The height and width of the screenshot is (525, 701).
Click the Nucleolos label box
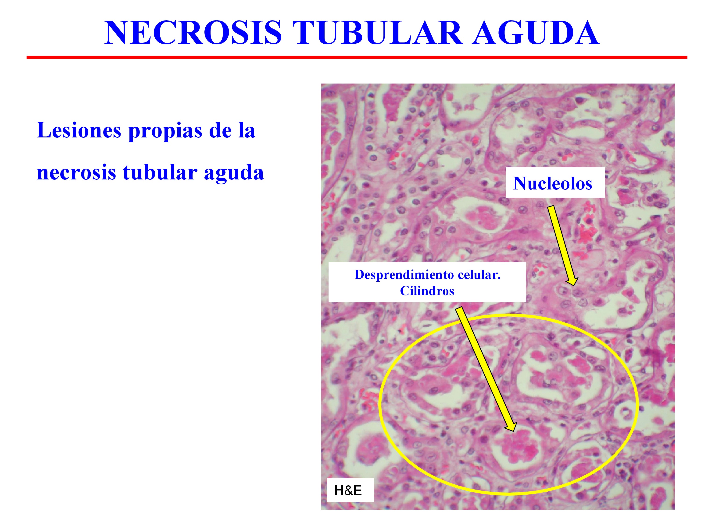point(555,183)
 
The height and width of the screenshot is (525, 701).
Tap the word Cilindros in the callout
point(427,291)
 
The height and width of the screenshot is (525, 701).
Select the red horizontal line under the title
point(357,57)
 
